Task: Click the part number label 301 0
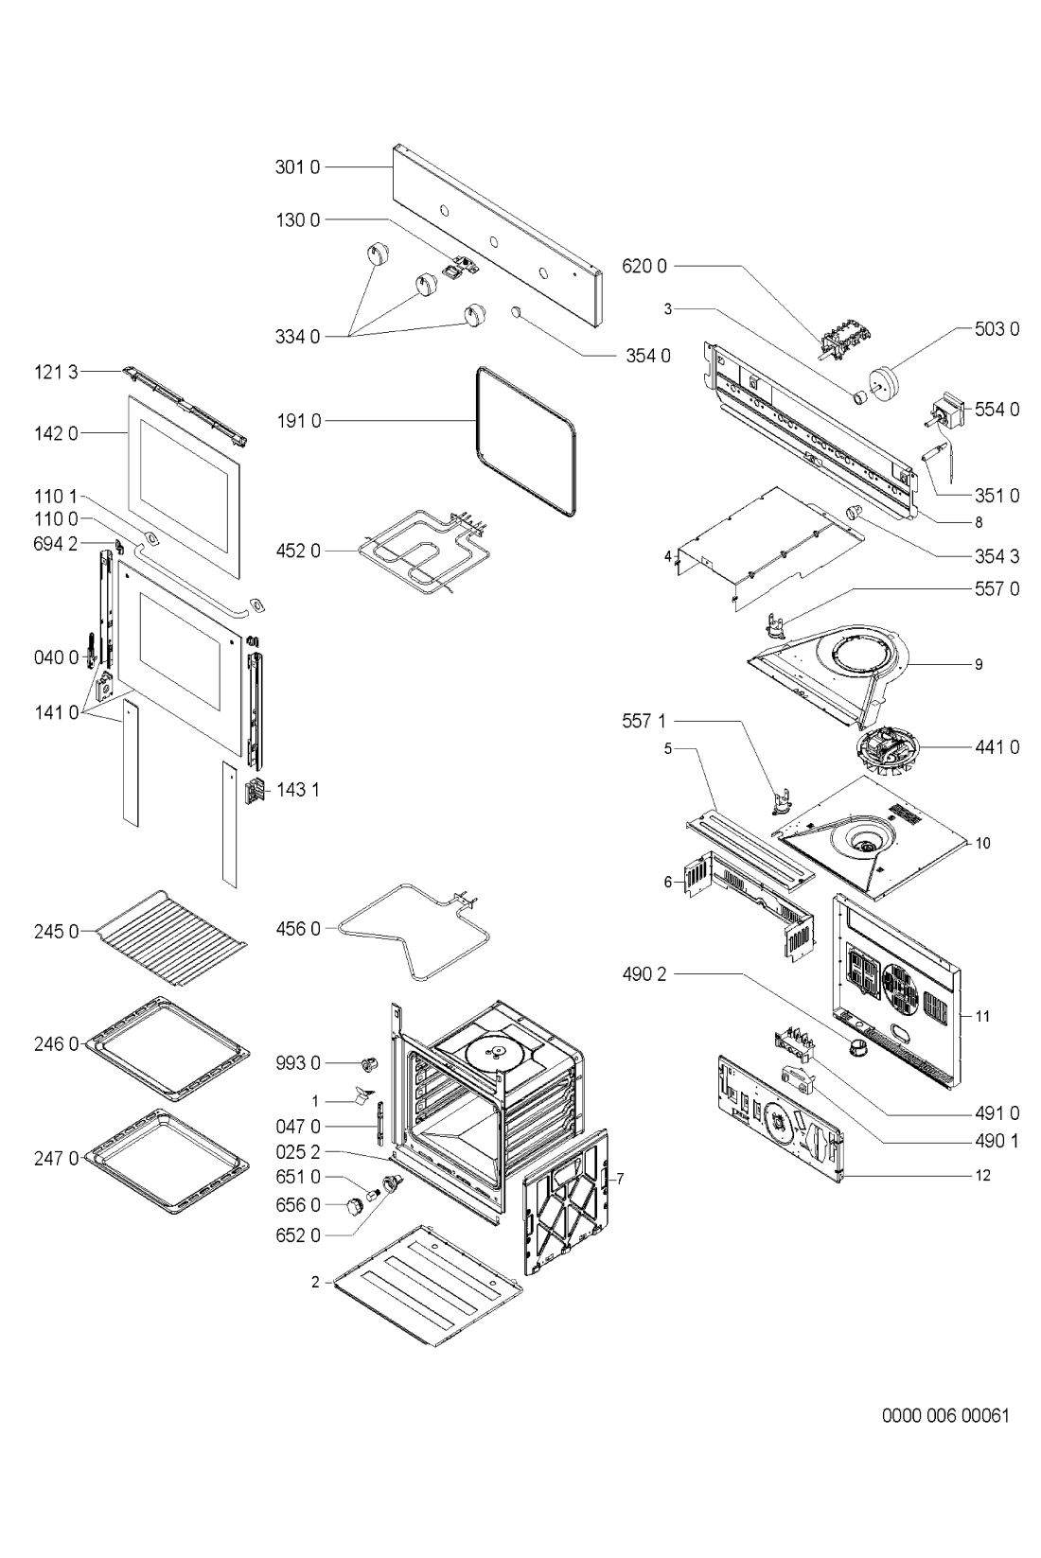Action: [297, 166]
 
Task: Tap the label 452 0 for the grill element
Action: [298, 551]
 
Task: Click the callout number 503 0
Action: [997, 329]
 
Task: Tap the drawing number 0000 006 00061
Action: [945, 1415]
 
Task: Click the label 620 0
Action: [644, 266]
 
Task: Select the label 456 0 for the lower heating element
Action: [298, 929]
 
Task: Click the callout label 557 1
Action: [644, 721]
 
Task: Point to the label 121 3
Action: [57, 372]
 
